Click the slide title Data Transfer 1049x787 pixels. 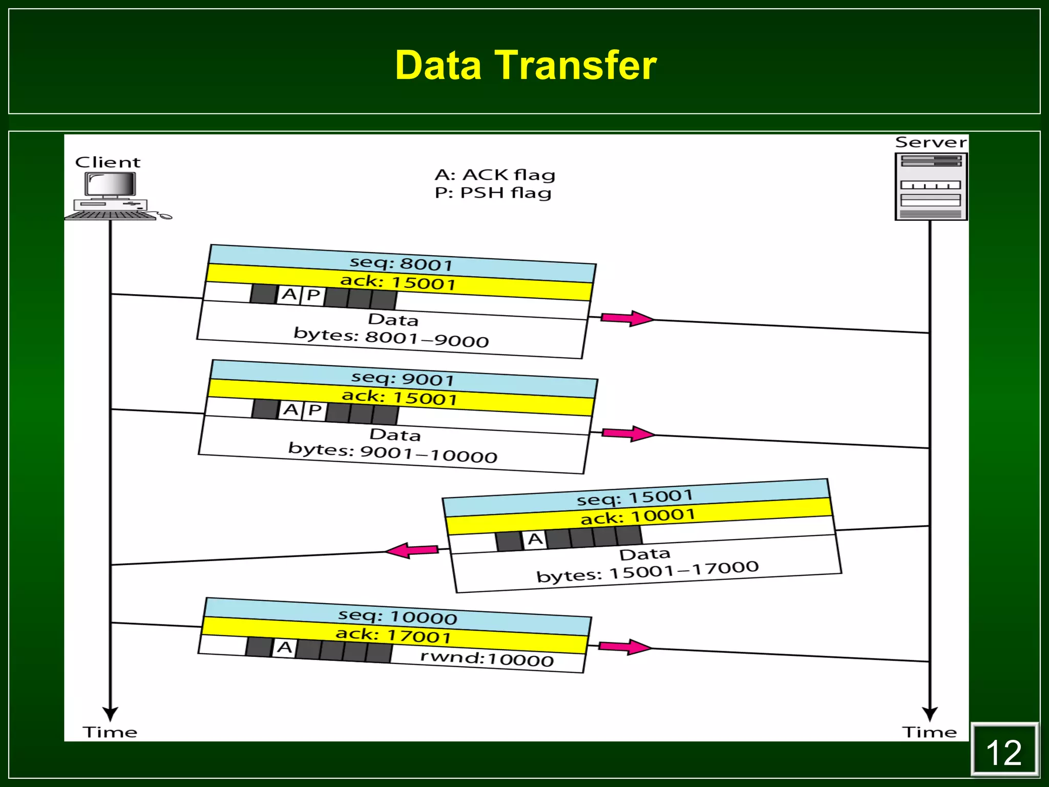[526, 66]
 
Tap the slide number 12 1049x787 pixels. [1004, 753]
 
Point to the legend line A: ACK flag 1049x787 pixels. [495, 175]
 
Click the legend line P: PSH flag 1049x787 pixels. [493, 193]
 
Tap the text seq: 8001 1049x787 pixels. [401, 263]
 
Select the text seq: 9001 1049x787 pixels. [403, 379]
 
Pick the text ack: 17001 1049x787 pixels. [393, 635]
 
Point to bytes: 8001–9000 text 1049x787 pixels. [391, 338]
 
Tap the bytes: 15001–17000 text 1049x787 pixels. [647, 571]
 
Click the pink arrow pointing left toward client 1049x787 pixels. [411, 551]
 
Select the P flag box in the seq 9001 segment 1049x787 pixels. [314, 410]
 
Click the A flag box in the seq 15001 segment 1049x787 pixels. [535, 539]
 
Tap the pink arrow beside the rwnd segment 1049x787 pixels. [624, 647]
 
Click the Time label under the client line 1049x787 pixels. [110, 732]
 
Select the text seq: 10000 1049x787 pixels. [397, 616]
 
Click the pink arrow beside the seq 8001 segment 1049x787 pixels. [626, 318]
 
